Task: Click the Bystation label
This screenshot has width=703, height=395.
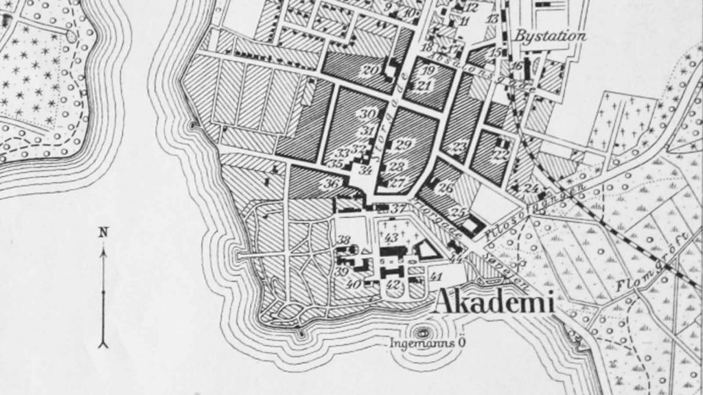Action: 551,36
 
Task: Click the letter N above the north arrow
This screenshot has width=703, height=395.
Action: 104,232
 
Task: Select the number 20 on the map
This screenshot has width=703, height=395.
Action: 370,69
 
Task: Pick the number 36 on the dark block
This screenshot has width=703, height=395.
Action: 332,183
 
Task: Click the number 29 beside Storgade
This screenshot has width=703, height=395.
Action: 403,144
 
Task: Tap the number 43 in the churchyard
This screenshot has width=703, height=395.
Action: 392,237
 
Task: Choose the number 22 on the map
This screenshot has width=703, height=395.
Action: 502,155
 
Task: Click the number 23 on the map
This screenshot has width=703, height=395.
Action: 459,146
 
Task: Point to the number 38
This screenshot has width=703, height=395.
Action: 344,239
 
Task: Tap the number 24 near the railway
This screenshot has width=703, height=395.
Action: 531,188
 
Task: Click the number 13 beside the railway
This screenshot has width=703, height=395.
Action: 492,19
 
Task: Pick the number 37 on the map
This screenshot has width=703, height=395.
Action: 399,208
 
